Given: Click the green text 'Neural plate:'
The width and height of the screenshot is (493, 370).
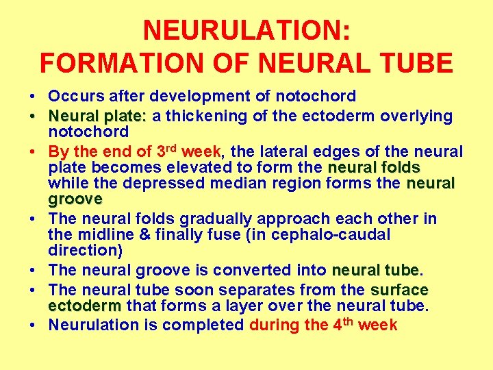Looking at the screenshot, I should (x=98, y=116).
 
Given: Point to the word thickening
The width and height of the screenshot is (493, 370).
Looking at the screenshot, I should (x=208, y=116).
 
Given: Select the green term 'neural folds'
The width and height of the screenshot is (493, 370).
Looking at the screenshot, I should (x=374, y=168).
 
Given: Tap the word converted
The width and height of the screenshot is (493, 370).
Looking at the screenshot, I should (x=255, y=270).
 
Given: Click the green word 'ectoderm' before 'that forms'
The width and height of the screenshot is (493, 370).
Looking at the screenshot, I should (x=84, y=306).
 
